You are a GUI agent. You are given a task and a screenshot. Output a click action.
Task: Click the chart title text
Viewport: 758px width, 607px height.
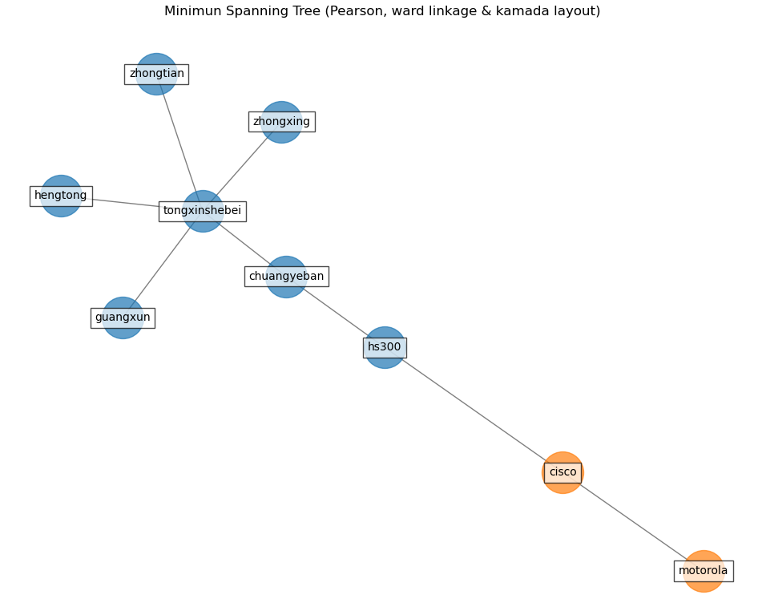(382, 11)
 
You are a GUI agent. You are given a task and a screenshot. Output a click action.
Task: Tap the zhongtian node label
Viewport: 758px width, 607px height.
(156, 74)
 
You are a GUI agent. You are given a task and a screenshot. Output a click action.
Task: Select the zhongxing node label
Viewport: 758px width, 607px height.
(281, 122)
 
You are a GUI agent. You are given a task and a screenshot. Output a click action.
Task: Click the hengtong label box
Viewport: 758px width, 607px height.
(61, 196)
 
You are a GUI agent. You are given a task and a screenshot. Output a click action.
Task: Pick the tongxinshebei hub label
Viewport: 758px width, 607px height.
(202, 211)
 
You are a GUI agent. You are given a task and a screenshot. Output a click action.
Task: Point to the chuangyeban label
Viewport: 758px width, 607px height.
(286, 277)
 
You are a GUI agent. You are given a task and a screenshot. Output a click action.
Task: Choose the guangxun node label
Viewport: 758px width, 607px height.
(123, 318)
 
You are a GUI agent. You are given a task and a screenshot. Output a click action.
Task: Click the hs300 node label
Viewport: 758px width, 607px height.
(385, 347)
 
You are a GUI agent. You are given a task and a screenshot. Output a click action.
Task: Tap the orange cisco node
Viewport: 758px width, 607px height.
(562, 472)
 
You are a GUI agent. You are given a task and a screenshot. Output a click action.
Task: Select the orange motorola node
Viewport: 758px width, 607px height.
(704, 571)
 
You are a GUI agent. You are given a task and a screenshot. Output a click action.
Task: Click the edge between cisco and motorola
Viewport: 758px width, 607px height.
(633, 522)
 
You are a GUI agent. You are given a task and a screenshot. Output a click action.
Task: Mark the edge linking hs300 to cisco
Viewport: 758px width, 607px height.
(473, 410)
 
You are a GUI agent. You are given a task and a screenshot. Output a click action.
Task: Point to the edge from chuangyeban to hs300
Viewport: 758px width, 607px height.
(337, 313)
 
